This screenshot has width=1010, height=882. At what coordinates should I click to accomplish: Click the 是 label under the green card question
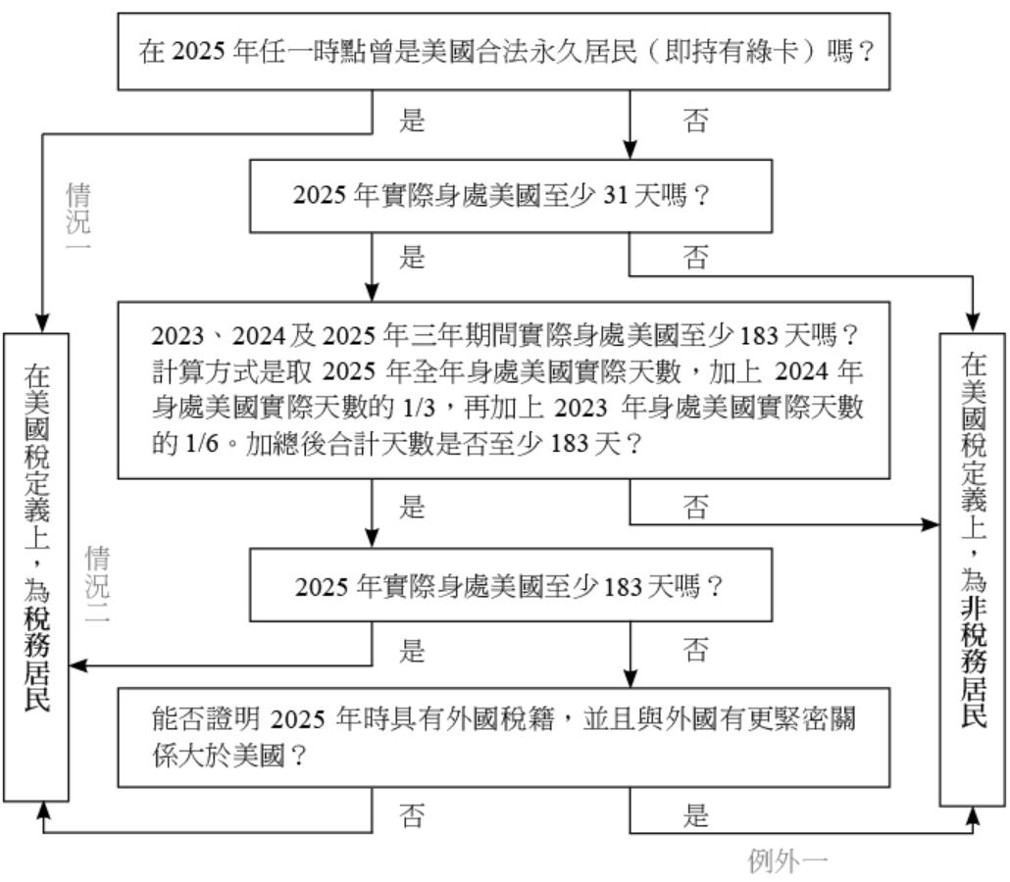(413, 122)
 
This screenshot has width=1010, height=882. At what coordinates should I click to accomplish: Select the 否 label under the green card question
(694, 122)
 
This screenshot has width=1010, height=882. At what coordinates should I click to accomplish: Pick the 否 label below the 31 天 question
(694, 258)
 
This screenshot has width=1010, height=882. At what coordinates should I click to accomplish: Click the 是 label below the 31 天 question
(413, 258)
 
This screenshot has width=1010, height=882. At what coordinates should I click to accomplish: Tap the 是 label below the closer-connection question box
(694, 816)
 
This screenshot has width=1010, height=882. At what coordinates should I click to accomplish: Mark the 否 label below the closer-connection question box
(413, 816)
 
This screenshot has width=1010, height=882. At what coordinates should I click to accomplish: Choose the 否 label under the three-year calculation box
(694, 507)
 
